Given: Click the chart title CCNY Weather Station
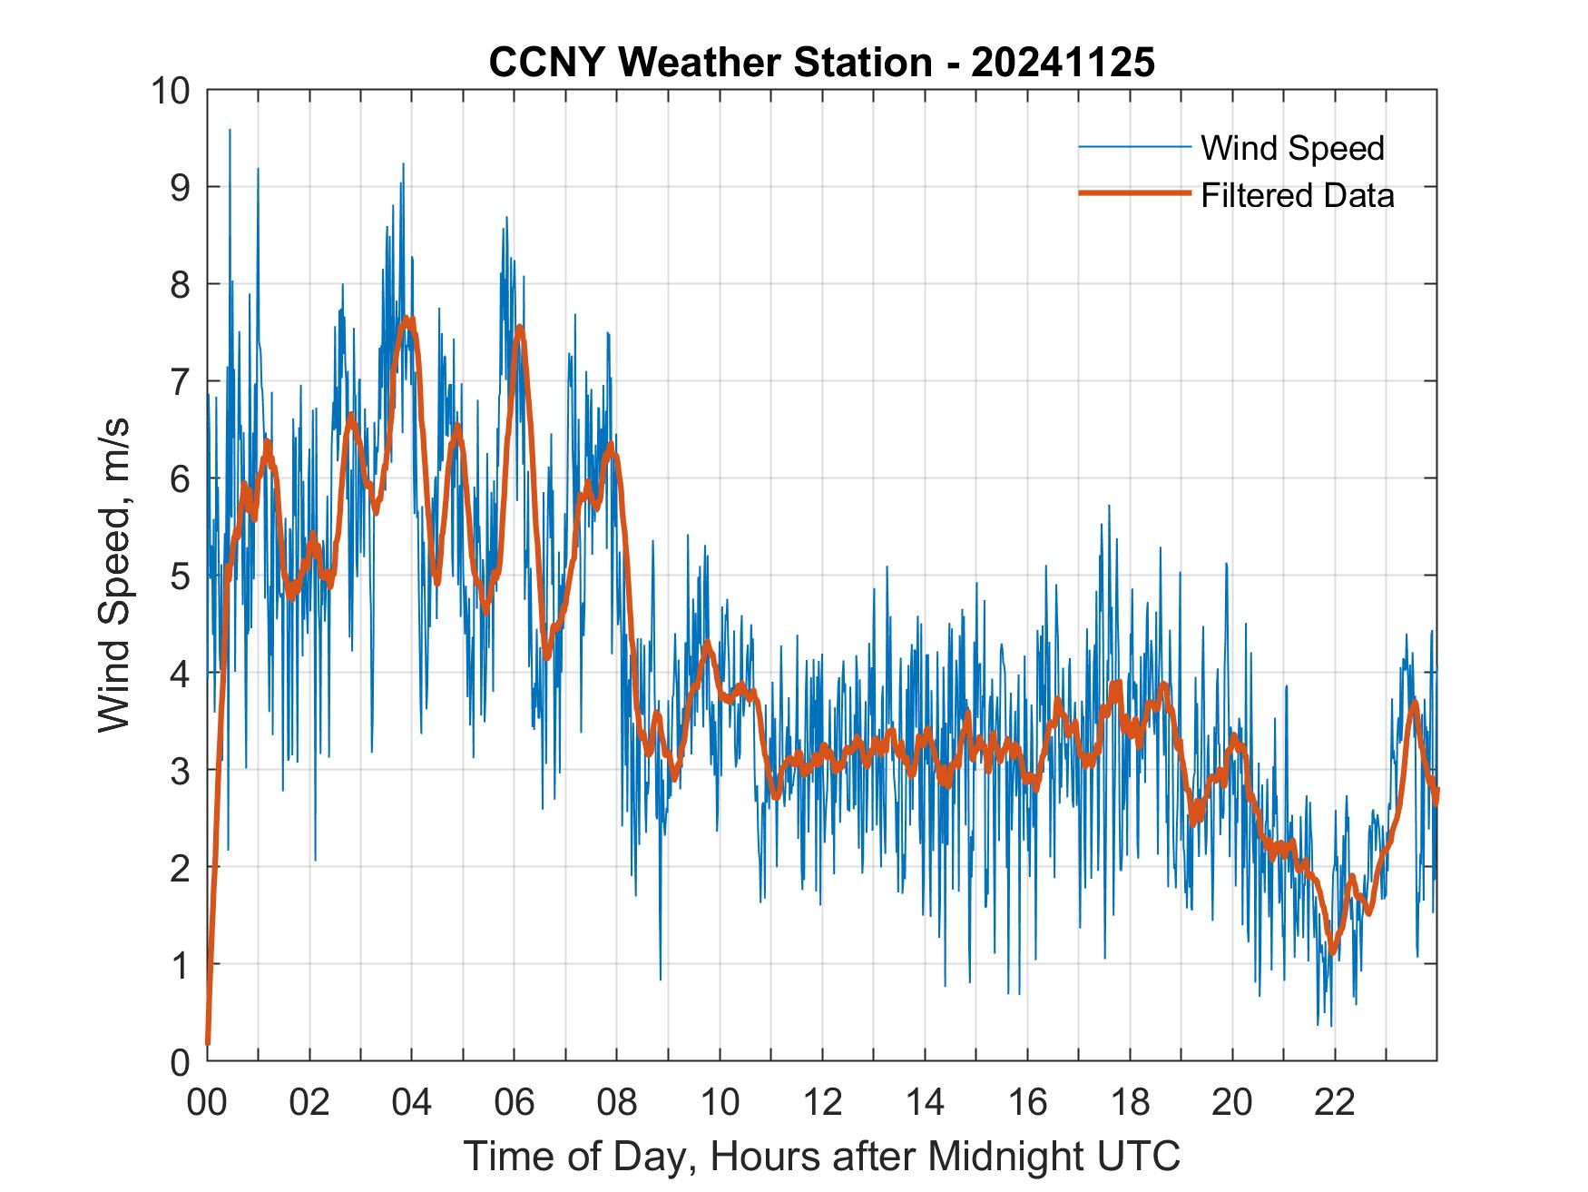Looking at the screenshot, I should click(x=710, y=63).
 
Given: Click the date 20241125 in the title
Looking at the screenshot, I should click(x=1063, y=63).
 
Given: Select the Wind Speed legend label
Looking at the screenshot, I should click(x=1292, y=147).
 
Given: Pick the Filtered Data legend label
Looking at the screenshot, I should click(x=1297, y=195).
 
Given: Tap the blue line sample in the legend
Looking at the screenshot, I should click(x=1134, y=147).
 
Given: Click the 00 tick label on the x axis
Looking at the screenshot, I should click(x=207, y=1102).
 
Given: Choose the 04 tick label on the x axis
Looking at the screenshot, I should click(x=412, y=1102).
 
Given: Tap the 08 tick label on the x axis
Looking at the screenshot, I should click(x=617, y=1102).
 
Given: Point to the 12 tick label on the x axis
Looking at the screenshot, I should click(x=822, y=1102).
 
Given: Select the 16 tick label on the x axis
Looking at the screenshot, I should click(x=1027, y=1102).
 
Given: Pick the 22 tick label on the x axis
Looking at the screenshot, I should click(x=1335, y=1102).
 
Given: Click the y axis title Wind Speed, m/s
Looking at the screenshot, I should click(x=114, y=575).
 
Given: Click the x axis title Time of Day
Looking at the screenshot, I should click(x=822, y=1156).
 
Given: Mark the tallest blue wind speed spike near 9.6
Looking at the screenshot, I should click(x=230, y=131).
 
